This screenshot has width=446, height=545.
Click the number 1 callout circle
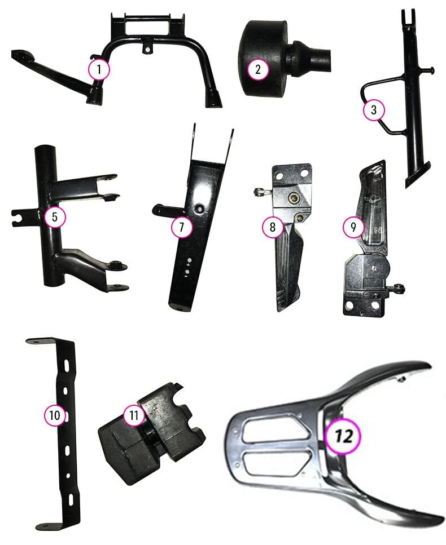point(99,70)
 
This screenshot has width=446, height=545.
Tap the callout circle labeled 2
point(258,70)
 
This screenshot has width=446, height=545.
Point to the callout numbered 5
point(55,216)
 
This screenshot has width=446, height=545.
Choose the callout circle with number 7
point(182,227)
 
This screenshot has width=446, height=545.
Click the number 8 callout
point(273,227)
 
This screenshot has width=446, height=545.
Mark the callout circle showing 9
point(354,227)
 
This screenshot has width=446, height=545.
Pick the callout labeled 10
point(55,415)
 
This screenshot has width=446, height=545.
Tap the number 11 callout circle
point(134,415)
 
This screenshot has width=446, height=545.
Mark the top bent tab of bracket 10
point(40,341)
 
